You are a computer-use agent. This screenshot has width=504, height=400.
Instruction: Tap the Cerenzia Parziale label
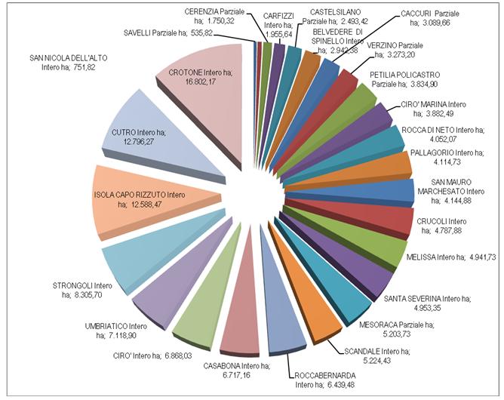pyautogui.click(x=214, y=17)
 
